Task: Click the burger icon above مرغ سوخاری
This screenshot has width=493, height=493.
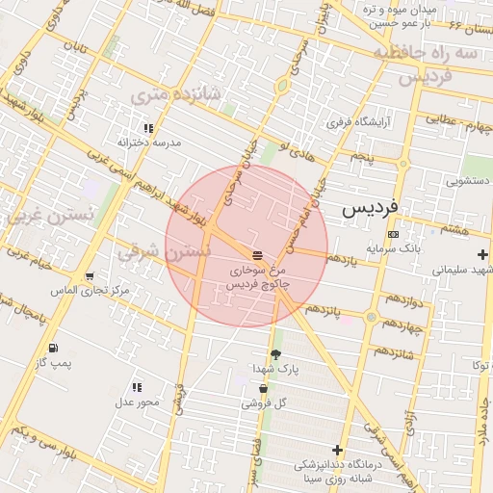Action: coord(257,255)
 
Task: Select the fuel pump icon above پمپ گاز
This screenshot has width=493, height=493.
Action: coord(52,348)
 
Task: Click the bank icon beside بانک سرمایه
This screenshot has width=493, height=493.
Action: coord(392,234)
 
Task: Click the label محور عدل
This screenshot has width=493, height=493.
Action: coord(137,402)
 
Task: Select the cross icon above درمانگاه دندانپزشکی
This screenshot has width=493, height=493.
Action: coord(337,450)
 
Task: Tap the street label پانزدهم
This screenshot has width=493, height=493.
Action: coord(324,309)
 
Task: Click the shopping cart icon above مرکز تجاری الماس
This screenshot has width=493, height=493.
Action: coord(89,275)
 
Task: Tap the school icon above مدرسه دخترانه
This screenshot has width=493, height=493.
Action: coord(148,127)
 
